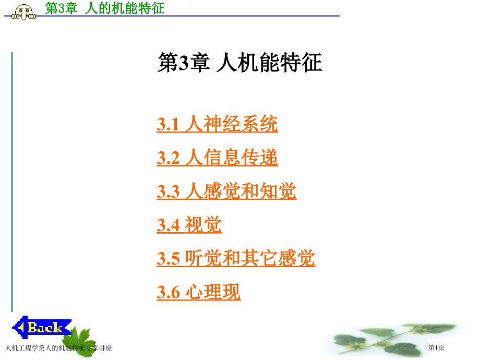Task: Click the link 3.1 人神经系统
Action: [217, 125]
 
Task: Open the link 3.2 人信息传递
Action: [217, 158]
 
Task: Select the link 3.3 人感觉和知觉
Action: [226, 191]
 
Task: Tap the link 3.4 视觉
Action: [189, 225]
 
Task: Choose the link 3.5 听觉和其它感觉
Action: [236, 259]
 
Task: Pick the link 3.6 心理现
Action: [198, 292]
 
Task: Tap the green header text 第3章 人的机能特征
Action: [105, 8]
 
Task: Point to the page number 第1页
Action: [436, 348]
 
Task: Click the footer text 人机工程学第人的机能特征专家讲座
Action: [57, 348]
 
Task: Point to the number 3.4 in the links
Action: [168, 226]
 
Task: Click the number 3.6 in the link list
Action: [168, 293]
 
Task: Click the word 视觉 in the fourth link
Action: [203, 225]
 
